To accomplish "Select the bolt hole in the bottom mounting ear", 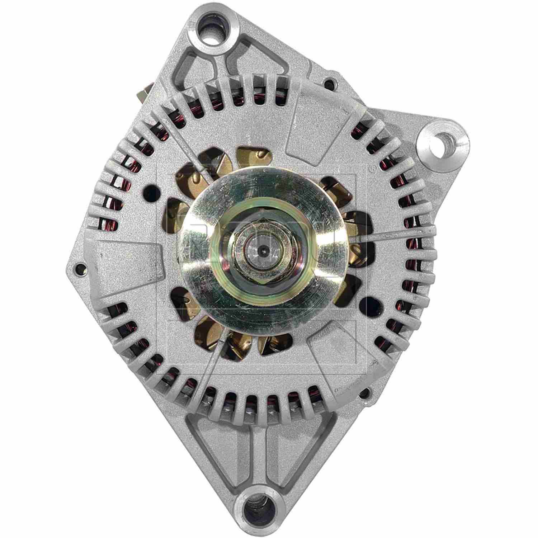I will [x=260, y=506].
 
